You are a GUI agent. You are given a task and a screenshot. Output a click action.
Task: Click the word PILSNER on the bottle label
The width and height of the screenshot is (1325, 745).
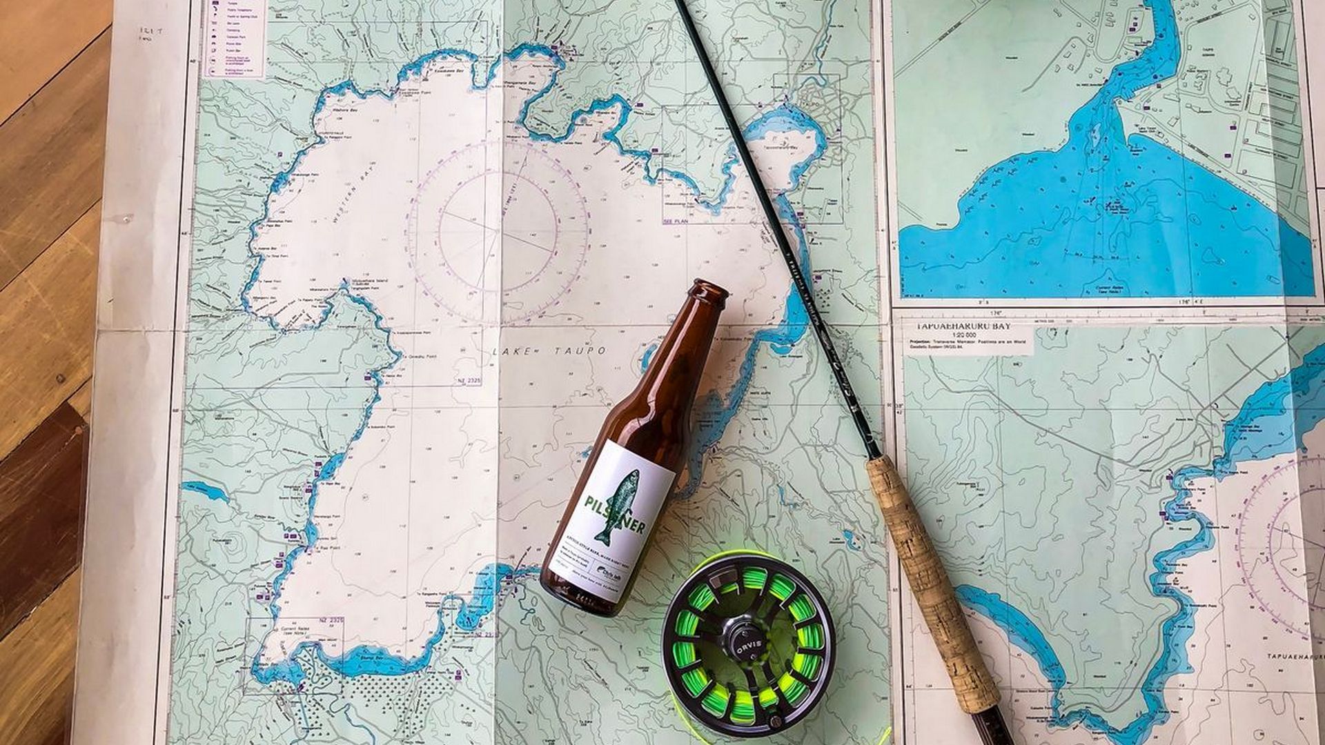pos(614,515)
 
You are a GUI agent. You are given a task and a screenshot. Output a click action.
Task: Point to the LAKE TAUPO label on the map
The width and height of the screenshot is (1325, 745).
pos(549,351)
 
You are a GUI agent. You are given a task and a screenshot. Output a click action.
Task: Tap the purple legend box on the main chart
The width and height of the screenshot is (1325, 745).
pos(234,38)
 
